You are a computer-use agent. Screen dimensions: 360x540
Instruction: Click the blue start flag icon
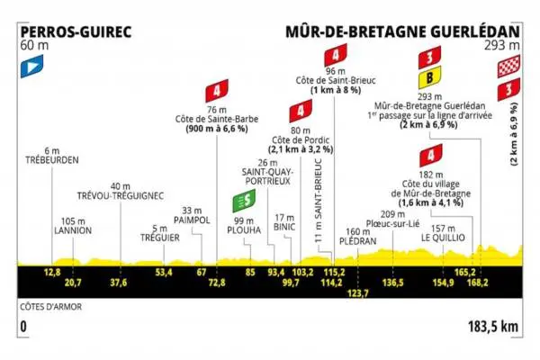(x=32, y=64)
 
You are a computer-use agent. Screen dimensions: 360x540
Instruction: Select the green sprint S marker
(x=240, y=202)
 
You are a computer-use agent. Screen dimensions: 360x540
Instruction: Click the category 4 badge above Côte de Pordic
(x=296, y=112)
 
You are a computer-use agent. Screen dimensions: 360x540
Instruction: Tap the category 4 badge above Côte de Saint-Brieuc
(x=335, y=54)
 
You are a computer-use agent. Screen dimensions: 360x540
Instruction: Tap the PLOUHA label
(x=243, y=229)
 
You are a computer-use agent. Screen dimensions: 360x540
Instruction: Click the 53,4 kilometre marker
(x=164, y=271)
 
